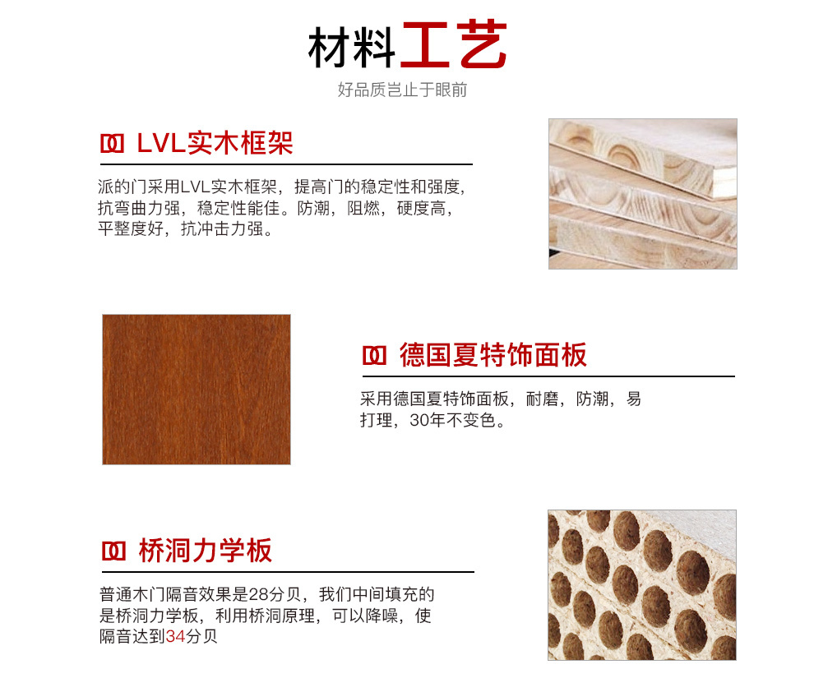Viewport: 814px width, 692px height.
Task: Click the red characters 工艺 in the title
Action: (x=455, y=44)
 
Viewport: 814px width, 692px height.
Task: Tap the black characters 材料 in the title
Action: (x=352, y=48)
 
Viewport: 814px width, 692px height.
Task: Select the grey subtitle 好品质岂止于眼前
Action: (x=402, y=90)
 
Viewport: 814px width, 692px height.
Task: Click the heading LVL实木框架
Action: (x=215, y=143)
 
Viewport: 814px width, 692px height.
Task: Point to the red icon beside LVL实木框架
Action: (x=112, y=144)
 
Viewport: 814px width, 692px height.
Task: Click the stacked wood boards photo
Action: (x=643, y=194)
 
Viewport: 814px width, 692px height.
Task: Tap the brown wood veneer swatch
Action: (x=197, y=390)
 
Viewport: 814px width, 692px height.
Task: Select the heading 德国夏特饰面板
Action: (x=493, y=355)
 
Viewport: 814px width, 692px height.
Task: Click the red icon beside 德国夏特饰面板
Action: (x=374, y=356)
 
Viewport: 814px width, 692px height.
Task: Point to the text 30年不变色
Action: (x=457, y=420)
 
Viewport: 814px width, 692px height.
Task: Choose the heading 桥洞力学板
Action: (x=206, y=551)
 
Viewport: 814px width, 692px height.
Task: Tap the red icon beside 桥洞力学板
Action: (x=113, y=551)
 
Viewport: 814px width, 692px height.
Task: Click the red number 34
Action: (x=175, y=636)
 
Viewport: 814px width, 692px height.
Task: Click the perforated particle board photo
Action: (x=642, y=585)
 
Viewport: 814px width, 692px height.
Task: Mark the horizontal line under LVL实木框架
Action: (x=287, y=164)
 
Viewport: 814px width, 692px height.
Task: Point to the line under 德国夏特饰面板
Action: (x=548, y=376)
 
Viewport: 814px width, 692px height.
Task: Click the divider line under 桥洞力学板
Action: (x=288, y=572)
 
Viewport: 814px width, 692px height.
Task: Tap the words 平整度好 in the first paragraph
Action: (x=131, y=228)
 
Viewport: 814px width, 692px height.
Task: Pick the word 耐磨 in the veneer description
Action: (x=543, y=399)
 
